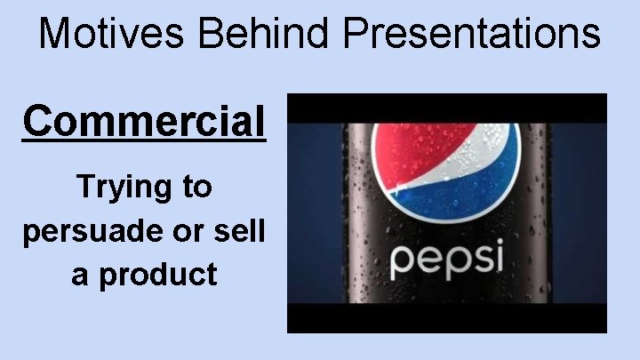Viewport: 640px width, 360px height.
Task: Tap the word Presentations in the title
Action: coord(472,34)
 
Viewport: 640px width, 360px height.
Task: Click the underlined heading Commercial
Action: coord(144,121)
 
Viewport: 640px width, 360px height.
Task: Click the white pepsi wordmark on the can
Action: coord(446,258)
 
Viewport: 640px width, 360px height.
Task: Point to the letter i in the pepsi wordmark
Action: coord(498,255)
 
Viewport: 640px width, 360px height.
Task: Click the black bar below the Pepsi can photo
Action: coord(446,318)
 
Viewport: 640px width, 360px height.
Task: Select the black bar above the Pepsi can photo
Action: coord(446,107)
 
